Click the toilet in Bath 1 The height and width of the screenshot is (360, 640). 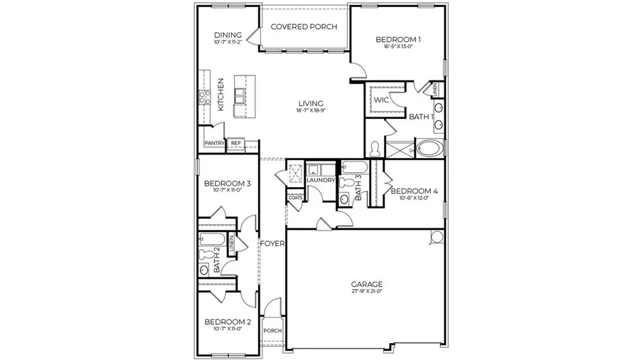[375, 149]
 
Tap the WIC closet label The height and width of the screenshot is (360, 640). [380, 100]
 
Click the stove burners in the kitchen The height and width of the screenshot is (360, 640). [202, 97]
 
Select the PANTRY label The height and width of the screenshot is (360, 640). [214, 143]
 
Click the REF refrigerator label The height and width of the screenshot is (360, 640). [235, 143]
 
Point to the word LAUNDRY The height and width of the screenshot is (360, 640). [321, 180]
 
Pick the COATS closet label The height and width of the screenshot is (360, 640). [295, 197]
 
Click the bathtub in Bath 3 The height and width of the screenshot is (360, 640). [353, 168]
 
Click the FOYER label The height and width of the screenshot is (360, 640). [272, 243]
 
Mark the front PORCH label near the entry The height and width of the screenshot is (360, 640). [272, 330]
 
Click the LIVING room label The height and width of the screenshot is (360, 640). [311, 102]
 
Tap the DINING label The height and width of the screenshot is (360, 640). [228, 35]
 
